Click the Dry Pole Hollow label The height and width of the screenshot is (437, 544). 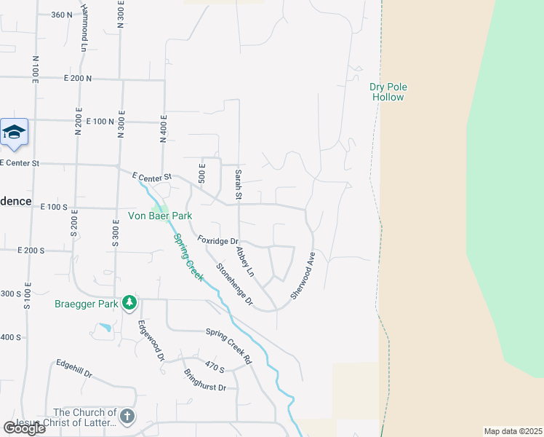(388, 92)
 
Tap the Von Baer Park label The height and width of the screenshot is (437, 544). (159, 216)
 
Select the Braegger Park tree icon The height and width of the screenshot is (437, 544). (129, 302)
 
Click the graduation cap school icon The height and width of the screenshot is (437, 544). (15, 133)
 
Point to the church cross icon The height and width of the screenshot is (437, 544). (127, 416)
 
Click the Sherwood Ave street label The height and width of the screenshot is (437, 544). (302, 275)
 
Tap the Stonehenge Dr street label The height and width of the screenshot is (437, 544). (234, 284)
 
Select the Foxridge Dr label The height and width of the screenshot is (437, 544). (218, 240)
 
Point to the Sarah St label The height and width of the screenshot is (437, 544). (238, 184)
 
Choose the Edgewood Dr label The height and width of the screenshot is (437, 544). (151, 341)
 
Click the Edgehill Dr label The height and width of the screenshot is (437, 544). (74, 369)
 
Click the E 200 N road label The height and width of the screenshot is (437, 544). (78, 78)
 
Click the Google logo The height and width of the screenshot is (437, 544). (24, 428)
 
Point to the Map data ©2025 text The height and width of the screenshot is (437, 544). (512, 431)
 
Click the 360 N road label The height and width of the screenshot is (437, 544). (63, 15)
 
